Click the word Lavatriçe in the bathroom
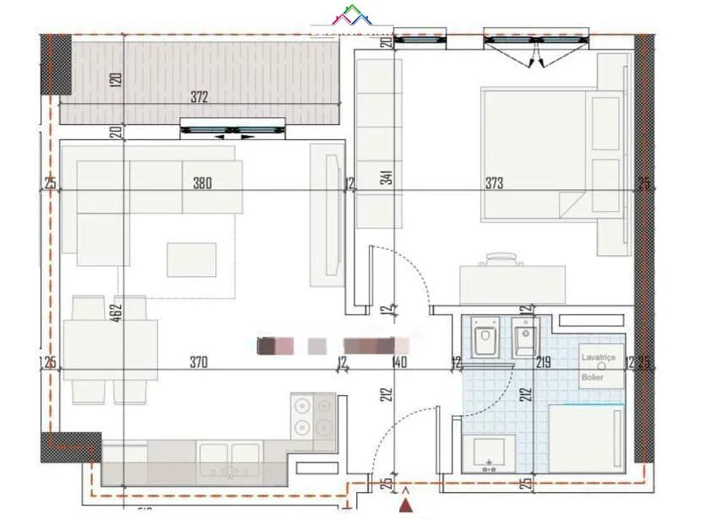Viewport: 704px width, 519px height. [598, 358]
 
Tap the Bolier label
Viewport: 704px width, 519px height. [593, 377]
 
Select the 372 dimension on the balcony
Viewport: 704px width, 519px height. [198, 98]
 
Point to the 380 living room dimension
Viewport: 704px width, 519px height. [201, 182]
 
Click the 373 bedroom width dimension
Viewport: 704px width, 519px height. [495, 183]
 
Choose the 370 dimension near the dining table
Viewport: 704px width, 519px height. [198, 363]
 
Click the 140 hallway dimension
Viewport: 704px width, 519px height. [399, 363]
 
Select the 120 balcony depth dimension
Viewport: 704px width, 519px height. [116, 80]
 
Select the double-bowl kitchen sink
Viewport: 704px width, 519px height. [228, 458]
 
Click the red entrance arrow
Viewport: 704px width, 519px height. [408, 504]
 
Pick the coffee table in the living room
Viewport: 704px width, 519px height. [191, 259]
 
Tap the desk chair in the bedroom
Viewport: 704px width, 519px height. [500, 257]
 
